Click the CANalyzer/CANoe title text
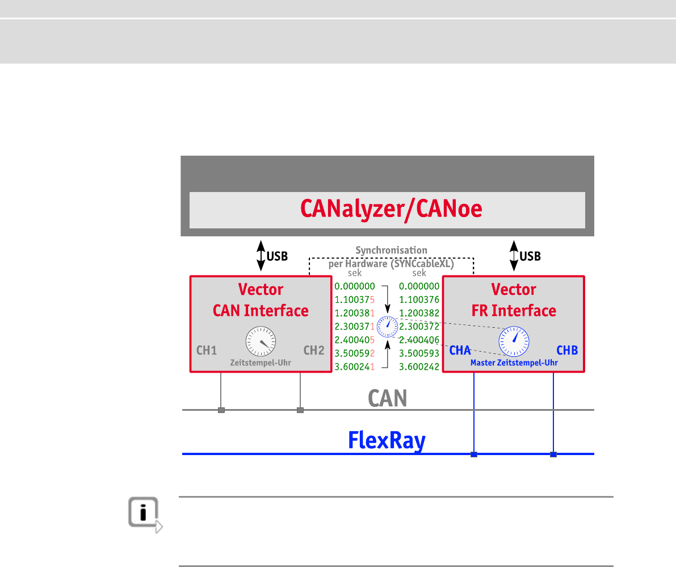[391, 209]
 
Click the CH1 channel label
[207, 350]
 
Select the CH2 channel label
[313, 350]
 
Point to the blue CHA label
[460, 350]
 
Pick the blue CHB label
[567, 350]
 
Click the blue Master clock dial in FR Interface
[514, 341]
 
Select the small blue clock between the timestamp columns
[388, 326]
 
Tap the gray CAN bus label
[388, 398]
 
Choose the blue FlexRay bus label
[387, 441]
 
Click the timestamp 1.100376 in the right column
[419, 300]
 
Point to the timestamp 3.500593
[419, 353]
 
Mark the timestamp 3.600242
[419, 367]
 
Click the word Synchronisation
[391, 250]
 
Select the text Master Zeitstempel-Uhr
[514, 362]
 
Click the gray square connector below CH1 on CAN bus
[221, 410]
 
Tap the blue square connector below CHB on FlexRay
[553, 455]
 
